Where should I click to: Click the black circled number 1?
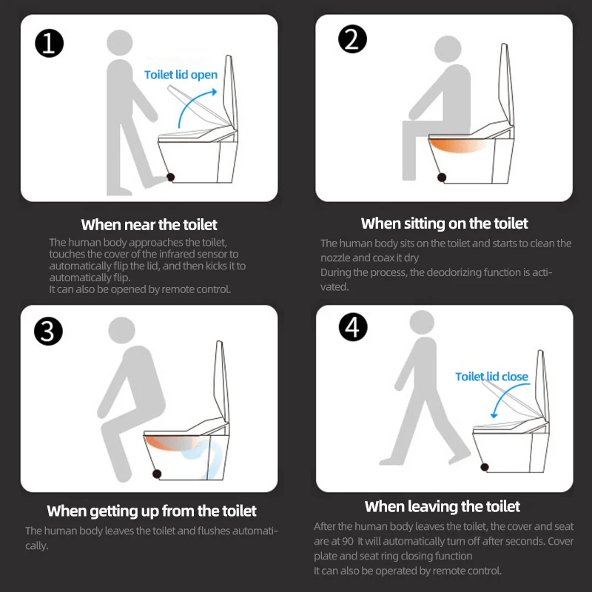click(x=49, y=43)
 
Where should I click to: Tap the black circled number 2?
click(x=352, y=39)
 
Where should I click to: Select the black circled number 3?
click(x=48, y=331)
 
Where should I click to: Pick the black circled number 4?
click(x=353, y=327)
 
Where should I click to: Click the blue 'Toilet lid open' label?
click(x=181, y=75)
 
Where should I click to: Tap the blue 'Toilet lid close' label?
click(x=491, y=377)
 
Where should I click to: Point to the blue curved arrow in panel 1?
click(x=191, y=102)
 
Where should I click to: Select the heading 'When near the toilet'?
click(x=149, y=225)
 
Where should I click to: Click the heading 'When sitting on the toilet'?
click(x=445, y=223)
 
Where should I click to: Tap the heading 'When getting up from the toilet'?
click(x=152, y=511)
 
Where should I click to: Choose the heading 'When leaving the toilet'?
click(x=443, y=506)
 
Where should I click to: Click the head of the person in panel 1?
click(x=120, y=43)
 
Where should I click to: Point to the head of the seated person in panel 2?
click(x=448, y=49)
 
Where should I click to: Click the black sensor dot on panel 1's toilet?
click(x=170, y=177)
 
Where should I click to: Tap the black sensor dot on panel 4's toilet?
click(x=485, y=468)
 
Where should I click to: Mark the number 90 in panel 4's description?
click(x=347, y=541)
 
